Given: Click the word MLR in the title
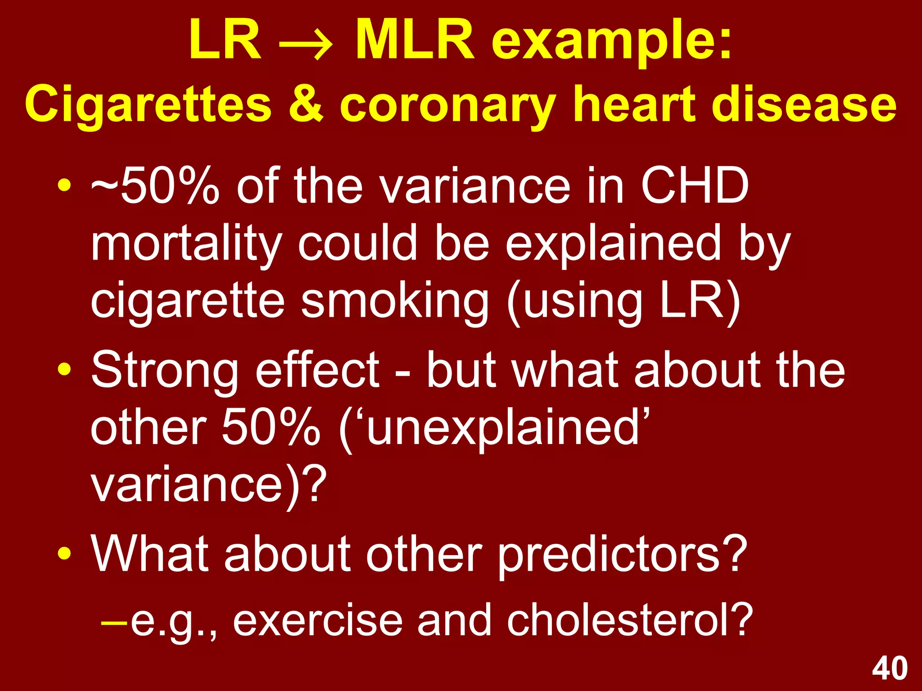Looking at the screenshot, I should pyautogui.click(x=415, y=40).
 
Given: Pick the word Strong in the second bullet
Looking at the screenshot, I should pyautogui.click(x=165, y=371).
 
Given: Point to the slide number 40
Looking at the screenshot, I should pyautogui.click(x=890, y=669).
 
